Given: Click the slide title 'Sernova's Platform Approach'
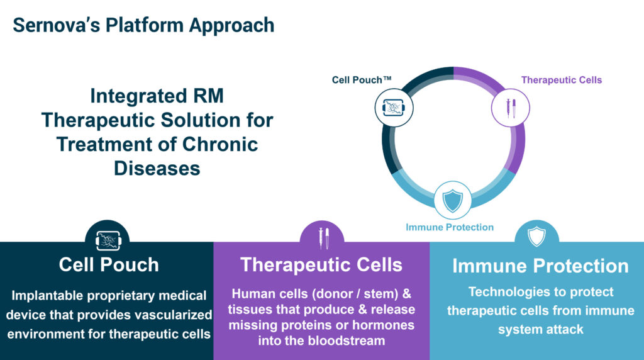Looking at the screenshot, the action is (144, 25).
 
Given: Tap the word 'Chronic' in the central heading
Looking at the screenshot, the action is (219, 144).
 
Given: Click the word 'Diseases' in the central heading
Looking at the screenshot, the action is (157, 169).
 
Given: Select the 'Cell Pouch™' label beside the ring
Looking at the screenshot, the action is (362, 80).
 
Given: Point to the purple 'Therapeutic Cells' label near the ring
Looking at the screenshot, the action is (562, 80).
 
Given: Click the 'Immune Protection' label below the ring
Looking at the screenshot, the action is (450, 227).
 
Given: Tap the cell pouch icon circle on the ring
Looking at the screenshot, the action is (394, 108).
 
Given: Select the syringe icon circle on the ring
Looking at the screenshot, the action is (511, 108).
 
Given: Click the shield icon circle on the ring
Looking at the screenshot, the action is (453, 200).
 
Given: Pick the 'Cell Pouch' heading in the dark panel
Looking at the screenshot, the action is (109, 265).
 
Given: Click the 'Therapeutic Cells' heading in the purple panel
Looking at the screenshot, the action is (321, 265).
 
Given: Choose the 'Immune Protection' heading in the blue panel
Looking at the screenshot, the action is (540, 266).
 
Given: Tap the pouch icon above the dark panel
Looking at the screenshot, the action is (108, 240).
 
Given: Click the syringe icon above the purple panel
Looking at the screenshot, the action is (324, 239).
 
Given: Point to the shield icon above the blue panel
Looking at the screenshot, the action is (536, 236).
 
